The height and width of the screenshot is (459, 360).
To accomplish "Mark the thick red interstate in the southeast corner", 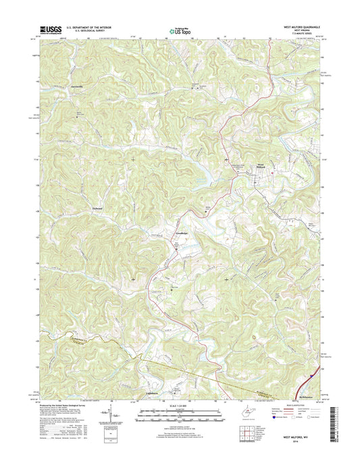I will tap(315, 370).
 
